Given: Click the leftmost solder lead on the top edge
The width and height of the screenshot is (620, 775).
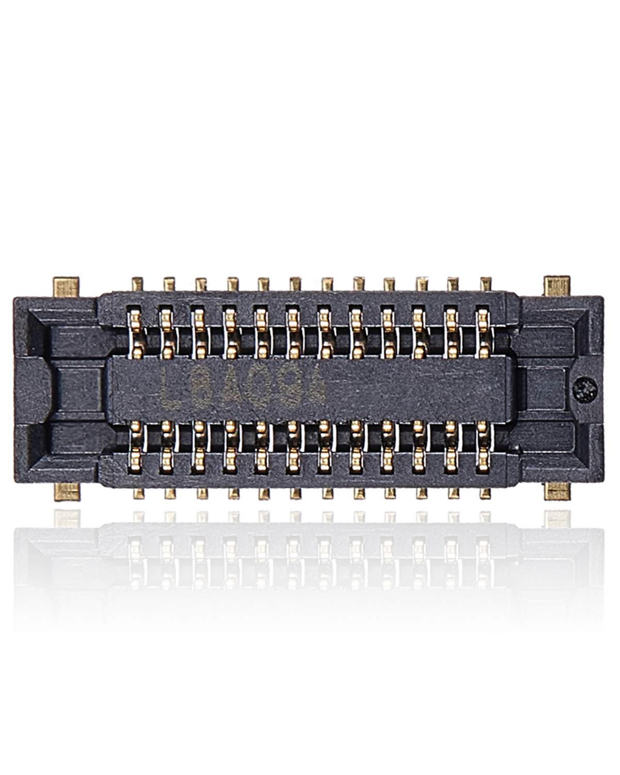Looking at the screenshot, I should pos(138,284).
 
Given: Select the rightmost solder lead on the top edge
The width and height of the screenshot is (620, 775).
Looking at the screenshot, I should pos(485,284).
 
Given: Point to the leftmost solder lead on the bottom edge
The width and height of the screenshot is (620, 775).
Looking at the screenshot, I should pos(138,493).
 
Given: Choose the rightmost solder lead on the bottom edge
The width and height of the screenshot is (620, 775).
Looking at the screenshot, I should pos(485,493).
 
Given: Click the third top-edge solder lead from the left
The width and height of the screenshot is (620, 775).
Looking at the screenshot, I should pos(201,284).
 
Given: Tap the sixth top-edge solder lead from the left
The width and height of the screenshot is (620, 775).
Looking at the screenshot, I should pos(296,284).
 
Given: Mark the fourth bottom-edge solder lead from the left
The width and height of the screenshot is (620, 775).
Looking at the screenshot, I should pos(233,493).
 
